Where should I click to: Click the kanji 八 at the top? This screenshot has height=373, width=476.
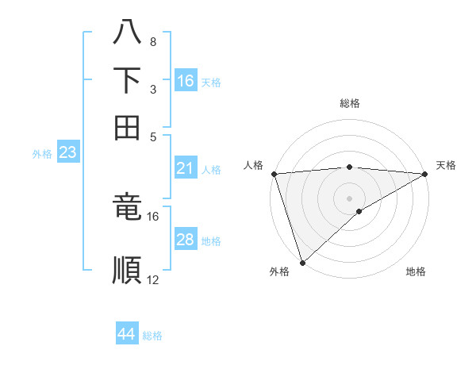click(x=127, y=33)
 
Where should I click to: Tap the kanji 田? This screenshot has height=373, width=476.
click(x=127, y=127)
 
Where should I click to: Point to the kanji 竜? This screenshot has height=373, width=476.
click(x=127, y=207)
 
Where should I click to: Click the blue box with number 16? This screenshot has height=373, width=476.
click(x=186, y=81)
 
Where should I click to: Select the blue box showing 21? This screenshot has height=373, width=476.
click(x=186, y=168)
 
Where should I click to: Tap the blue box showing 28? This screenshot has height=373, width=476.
click(x=186, y=240)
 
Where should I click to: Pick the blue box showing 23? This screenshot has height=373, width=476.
click(x=67, y=152)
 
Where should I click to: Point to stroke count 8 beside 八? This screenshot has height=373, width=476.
click(x=152, y=41)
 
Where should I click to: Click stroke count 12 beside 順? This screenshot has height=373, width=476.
click(x=153, y=279)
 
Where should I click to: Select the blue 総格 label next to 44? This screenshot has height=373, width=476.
click(x=152, y=336)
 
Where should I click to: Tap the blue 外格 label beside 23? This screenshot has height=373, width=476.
click(x=42, y=154)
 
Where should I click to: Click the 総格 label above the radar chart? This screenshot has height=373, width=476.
click(x=349, y=103)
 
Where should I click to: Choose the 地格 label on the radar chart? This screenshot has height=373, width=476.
click(x=416, y=272)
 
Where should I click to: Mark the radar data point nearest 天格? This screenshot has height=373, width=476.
click(x=425, y=174)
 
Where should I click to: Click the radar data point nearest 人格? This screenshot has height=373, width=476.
click(x=274, y=174)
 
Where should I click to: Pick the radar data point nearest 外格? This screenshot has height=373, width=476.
click(x=302, y=262)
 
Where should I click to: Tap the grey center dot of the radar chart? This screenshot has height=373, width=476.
click(x=349, y=198)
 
